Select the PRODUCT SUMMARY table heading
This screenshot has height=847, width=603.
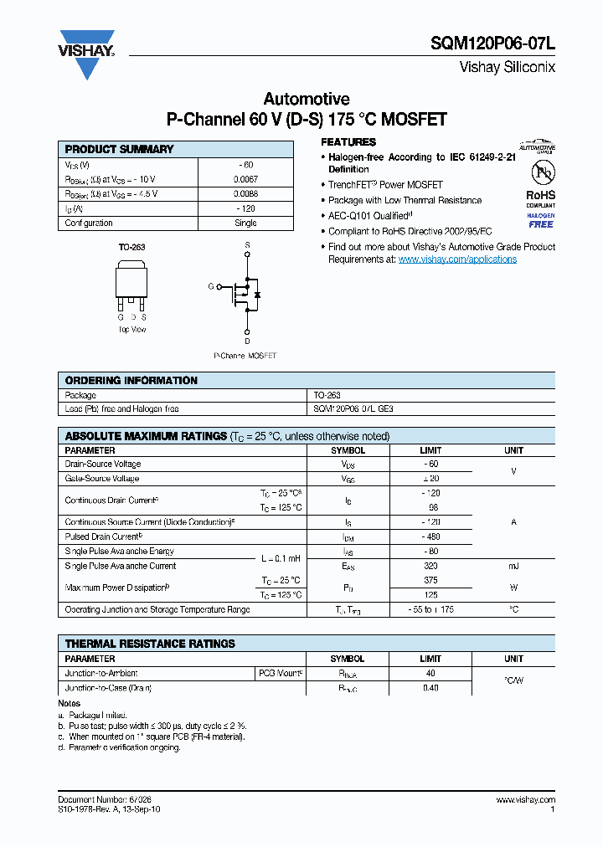tap(119, 149)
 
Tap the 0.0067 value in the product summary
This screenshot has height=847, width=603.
tap(245, 179)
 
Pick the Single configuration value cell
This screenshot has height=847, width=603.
tap(245, 223)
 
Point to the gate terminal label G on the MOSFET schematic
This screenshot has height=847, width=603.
tap(211, 286)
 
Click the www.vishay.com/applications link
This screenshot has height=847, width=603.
tap(457, 259)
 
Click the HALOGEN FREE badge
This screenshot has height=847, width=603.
tap(540, 220)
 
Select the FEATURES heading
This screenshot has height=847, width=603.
tap(348, 142)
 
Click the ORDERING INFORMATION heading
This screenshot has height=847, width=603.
tap(131, 380)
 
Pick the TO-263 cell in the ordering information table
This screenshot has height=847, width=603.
tap(327, 395)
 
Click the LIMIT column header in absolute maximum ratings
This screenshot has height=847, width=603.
tap(430, 450)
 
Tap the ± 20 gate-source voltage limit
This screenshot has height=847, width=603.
tap(430, 479)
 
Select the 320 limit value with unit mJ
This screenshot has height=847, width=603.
tap(430, 566)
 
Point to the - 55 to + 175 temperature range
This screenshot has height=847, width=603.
tap(430, 609)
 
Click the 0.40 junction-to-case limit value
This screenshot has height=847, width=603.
tap(430, 688)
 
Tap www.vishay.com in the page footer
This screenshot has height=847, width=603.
tap(527, 799)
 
